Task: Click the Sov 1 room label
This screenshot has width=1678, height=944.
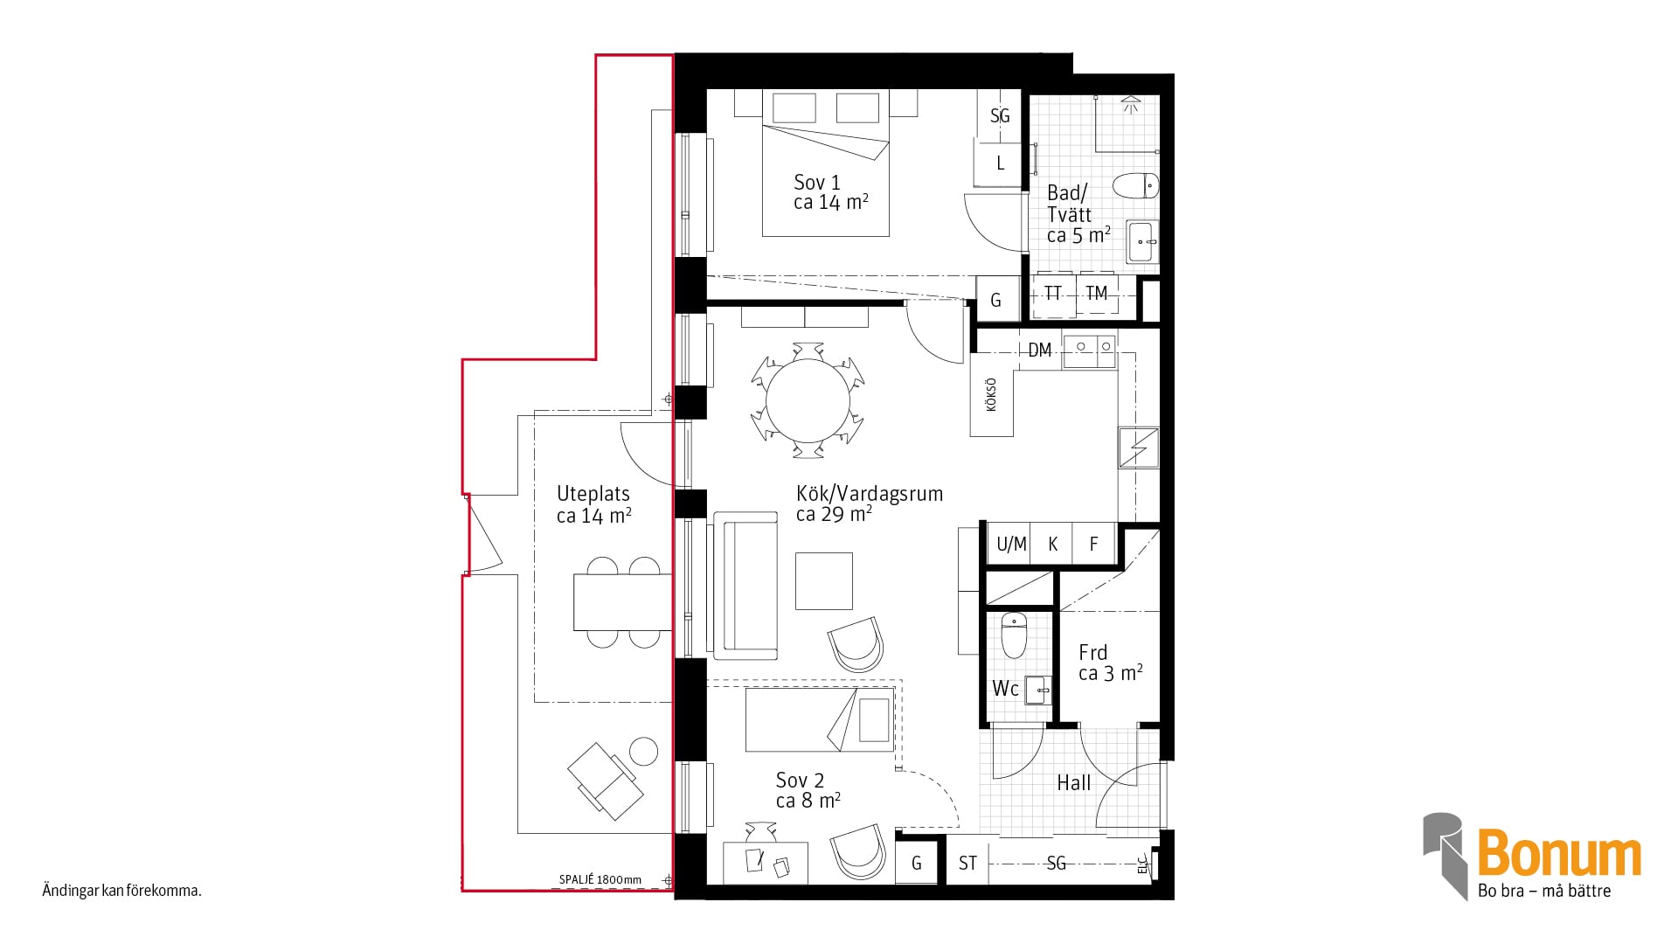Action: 830,192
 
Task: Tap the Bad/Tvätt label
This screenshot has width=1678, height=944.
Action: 1078,214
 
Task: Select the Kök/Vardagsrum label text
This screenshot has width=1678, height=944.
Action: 870,503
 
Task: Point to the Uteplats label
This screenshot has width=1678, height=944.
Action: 594,505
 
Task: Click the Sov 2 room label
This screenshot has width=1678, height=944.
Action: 808,790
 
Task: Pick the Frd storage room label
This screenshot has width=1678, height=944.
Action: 1110,663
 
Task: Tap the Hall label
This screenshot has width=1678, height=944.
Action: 1074,783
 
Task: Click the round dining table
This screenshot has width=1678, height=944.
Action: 808,401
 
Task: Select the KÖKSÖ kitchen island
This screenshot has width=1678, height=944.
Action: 992,394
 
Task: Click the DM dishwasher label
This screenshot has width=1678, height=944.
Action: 1039,351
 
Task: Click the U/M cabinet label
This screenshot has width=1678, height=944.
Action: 1011,545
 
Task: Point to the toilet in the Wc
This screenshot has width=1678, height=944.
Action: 1014,635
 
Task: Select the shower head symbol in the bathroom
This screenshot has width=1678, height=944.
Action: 1131,103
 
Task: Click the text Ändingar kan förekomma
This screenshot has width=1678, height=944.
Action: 122,892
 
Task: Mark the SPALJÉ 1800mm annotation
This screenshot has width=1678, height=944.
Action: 600,880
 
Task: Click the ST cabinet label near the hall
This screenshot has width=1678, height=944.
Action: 967,864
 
